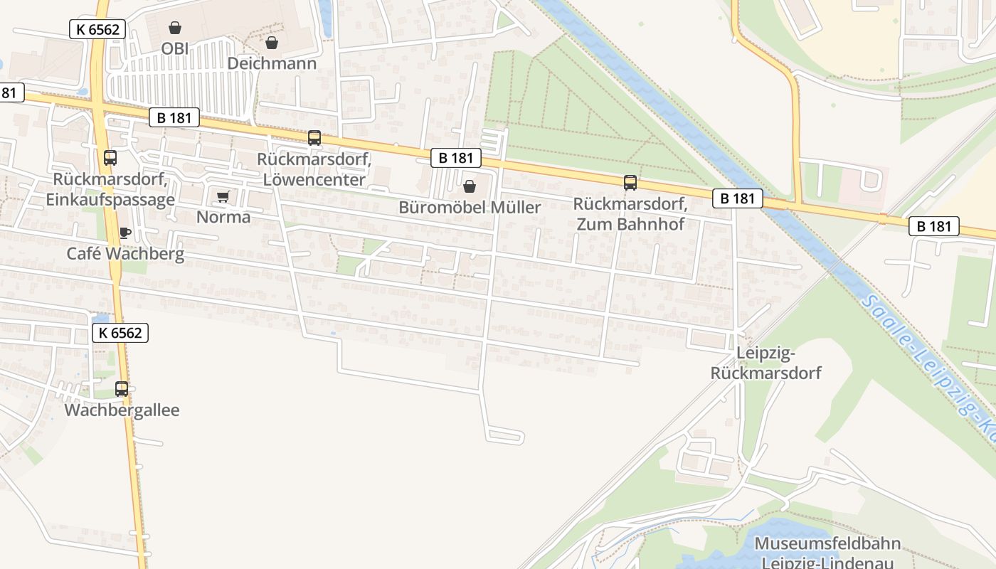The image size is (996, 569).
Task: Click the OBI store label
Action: tap(174, 48)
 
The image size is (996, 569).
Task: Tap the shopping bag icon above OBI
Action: tap(174, 28)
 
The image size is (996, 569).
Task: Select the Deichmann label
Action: tap(272, 63)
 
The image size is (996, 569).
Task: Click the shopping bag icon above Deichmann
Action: tap(271, 43)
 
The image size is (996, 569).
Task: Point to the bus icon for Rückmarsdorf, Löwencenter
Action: tap(314, 138)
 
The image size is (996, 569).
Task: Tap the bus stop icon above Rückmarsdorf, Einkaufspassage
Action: tap(110, 158)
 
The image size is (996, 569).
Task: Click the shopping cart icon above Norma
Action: tap(223, 196)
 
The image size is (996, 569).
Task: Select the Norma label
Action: tap(223, 217)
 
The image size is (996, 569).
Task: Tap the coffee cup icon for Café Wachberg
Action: tap(125, 233)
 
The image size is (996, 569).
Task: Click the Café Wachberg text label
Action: tap(125, 253)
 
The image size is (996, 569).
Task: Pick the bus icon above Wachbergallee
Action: tap(122, 389)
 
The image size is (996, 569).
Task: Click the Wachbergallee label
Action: tap(122, 410)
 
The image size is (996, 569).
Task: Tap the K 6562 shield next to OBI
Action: tap(97, 29)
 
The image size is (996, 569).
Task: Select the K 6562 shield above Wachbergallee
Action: tap(120, 332)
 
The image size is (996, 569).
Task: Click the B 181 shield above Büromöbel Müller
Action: tap(455, 158)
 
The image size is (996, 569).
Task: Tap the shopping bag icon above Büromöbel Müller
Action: tap(470, 186)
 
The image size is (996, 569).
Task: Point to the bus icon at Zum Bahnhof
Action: tap(630, 183)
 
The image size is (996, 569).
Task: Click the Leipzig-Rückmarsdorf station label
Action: tap(765, 363)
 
